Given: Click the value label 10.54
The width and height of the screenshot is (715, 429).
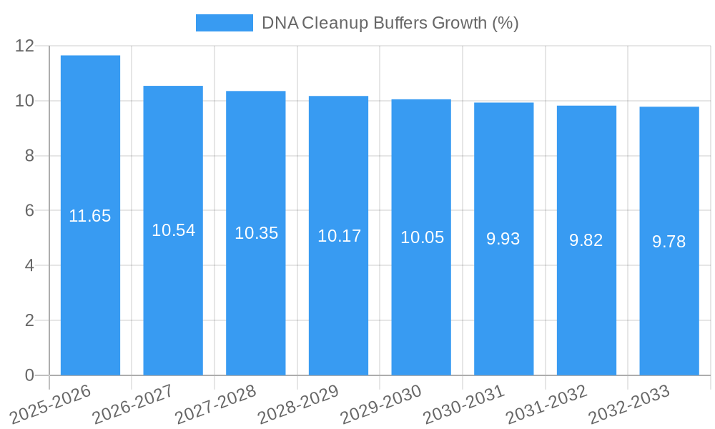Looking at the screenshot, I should pos(173,230).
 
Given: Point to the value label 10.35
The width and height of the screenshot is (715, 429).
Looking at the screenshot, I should pos(256,233).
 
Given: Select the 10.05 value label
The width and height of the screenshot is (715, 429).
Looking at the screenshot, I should pos(422,237).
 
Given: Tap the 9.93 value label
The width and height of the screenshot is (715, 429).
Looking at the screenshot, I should pos(503,239).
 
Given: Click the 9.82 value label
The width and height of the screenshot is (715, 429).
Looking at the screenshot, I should pos(586,240).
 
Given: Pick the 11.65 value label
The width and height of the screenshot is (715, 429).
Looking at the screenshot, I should pos(90,216).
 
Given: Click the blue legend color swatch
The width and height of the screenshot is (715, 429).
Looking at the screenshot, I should pos(224,23).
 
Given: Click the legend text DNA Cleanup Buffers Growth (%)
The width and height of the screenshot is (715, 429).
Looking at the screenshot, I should pos(390,23).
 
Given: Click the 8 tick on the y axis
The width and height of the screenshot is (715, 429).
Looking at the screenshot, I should pos(29,156).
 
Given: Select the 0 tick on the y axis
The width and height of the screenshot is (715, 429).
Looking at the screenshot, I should pos(29,375).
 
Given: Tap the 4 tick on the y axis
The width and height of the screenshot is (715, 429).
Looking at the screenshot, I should pos(29,266).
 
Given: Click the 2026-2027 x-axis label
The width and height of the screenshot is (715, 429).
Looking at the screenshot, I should pos(134,405).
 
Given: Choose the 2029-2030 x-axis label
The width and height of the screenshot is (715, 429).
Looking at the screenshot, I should pos(381,405).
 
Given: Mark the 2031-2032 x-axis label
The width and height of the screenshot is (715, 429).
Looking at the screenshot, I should pos(547,405).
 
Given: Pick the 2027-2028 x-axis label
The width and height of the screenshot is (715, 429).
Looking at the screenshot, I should pos(216,405).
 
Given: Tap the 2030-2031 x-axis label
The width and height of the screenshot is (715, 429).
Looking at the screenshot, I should pos(464,405).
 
